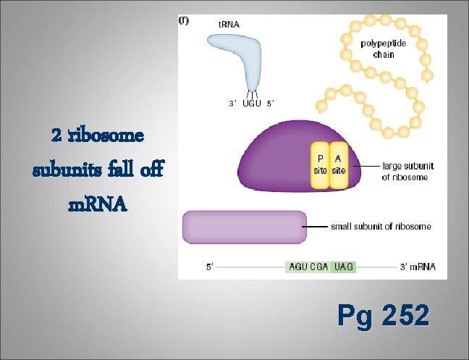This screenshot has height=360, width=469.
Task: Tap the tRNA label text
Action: pyautogui.click(x=229, y=24)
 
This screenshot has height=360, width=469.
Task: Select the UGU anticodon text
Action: pyautogui.click(x=253, y=104)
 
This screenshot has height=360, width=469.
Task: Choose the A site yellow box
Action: pyautogui.click(x=338, y=164)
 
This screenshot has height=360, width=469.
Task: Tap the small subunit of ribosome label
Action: pyautogui.click(x=381, y=227)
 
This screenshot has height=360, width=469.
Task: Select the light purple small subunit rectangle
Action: pyautogui.click(x=245, y=226)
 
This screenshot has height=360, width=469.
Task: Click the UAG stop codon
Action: pyautogui.click(x=343, y=267)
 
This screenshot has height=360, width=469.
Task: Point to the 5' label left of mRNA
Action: pyautogui.click(x=210, y=267)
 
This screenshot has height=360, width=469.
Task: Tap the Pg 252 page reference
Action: pyautogui.click(x=383, y=316)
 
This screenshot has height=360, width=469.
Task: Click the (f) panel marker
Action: pyautogui.click(x=184, y=21)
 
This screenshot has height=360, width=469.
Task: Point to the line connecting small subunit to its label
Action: pyautogui.click(x=316, y=227)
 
